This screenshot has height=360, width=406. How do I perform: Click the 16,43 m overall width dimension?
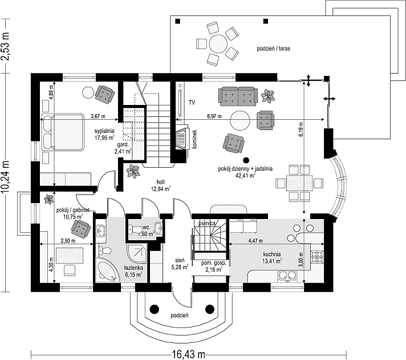click(188, 354)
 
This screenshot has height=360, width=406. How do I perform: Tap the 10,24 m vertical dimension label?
click(5, 177)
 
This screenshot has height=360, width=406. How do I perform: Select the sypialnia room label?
click(104, 131)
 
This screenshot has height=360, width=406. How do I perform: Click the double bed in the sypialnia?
click(62, 132)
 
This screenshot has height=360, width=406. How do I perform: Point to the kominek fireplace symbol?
click(182, 139)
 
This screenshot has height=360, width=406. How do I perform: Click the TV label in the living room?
click(192, 103)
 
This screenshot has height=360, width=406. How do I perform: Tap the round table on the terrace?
click(218, 44)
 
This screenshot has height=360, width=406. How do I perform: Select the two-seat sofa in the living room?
click(238, 96)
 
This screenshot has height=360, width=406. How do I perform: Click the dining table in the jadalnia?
click(299, 183)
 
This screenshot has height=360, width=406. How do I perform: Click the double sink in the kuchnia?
click(287, 277)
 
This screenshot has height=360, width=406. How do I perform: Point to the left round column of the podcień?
click(155, 309)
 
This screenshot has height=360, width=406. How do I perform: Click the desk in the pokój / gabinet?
click(70, 256)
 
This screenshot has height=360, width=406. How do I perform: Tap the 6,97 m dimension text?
click(214, 116)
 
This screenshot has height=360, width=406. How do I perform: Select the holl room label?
click(160, 182)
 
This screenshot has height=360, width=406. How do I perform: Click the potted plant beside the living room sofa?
click(268, 96)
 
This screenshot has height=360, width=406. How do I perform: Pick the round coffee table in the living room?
click(240, 120)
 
